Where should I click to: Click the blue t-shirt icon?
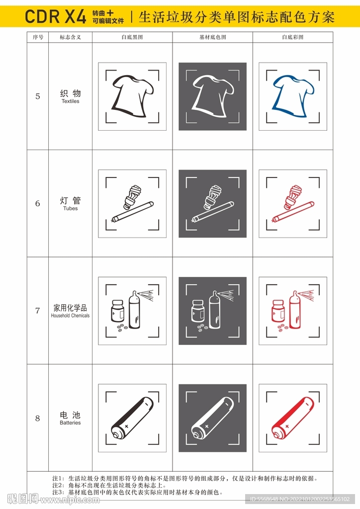point(293,96)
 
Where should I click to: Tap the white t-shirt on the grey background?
point(212,96)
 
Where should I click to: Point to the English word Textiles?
point(70,101)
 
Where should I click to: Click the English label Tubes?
point(70,209)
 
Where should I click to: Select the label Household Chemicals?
point(70,316)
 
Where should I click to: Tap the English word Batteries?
point(70,423)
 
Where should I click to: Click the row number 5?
point(38,96)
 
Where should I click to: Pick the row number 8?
point(38,419)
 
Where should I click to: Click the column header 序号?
point(38,37)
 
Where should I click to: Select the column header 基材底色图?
point(212,37)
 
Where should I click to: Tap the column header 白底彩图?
point(293,37)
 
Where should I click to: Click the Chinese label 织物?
point(70,93)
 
